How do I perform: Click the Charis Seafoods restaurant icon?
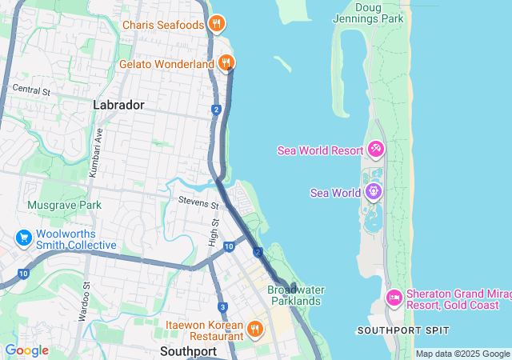215,25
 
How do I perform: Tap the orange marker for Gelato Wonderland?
226,62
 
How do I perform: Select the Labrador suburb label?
118,105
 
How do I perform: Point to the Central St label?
31,91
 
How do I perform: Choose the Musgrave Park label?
64,205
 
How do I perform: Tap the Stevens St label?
198,205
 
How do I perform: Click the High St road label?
214,233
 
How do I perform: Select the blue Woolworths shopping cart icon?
23,238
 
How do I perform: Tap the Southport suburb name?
188,350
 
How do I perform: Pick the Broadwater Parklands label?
294,295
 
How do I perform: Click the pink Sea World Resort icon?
375,150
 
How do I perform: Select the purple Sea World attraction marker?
373,192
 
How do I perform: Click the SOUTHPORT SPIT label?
403,330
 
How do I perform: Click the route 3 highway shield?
222,307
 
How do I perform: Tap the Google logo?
26,350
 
